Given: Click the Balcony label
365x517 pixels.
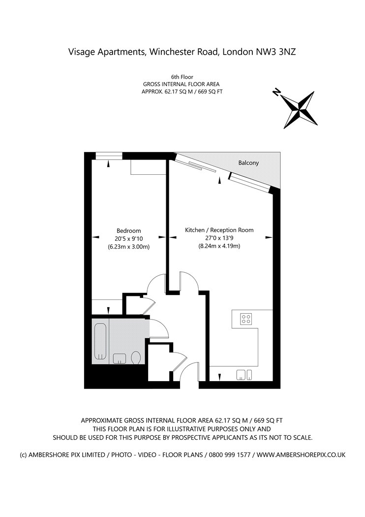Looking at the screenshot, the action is point(248,163).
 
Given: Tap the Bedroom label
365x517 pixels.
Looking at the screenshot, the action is point(128,231).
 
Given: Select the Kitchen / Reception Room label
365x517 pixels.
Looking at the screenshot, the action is point(219,230).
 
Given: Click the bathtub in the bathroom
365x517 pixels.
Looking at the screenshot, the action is point(100,341).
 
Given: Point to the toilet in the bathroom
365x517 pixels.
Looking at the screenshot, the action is point(136,357).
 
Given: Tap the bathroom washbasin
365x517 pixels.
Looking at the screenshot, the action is point(120,358).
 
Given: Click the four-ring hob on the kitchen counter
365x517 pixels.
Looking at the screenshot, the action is point(246,319).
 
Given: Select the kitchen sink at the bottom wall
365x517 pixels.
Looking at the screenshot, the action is point(244,375).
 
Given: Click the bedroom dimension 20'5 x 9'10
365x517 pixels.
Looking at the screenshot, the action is point(128,239).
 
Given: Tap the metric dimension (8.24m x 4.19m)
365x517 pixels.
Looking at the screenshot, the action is point(219,246).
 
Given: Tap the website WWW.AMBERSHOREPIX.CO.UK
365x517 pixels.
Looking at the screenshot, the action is point(301,455).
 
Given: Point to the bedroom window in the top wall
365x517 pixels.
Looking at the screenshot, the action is point(109,156).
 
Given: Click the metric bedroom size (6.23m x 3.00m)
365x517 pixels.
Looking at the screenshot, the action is point(128,247).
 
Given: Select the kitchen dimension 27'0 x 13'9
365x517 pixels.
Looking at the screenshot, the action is point(219,238).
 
